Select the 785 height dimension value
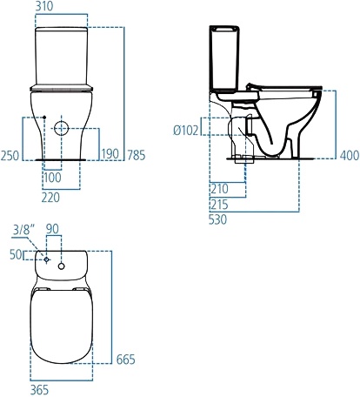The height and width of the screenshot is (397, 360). (135, 155)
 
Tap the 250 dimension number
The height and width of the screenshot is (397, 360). (10, 155)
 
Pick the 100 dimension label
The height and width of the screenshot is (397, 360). (53, 178)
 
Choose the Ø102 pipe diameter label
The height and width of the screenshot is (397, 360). (187, 130)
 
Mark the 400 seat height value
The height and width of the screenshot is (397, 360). (349, 155)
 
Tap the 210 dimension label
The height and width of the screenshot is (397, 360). (219, 188)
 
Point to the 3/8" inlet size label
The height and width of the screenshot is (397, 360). (24, 230)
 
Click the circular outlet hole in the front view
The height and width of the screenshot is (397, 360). (62, 129)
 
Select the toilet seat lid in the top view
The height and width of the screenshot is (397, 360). (62, 326)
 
